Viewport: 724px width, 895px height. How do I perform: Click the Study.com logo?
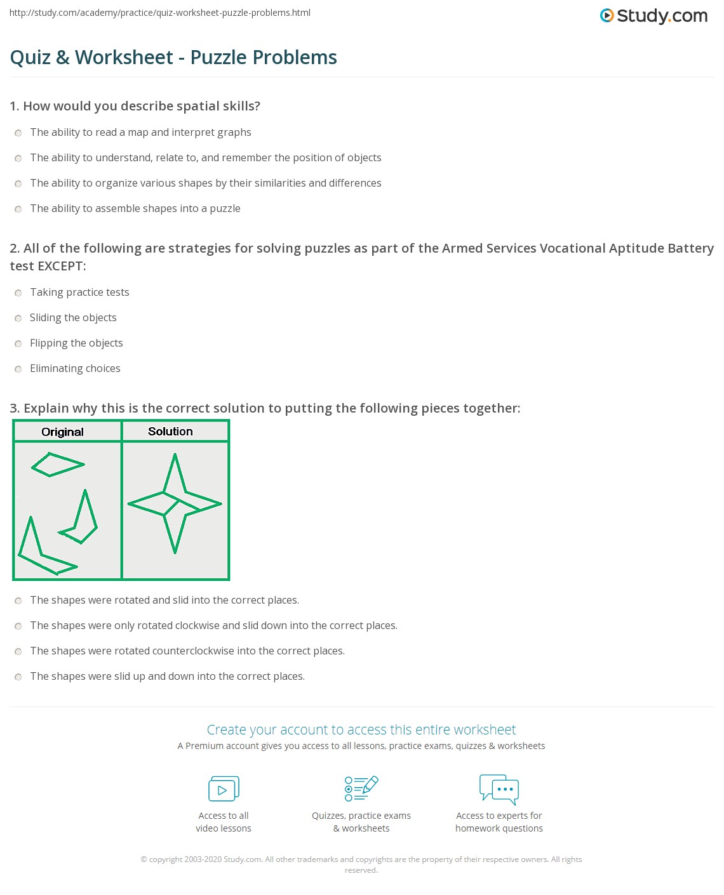click(x=654, y=15)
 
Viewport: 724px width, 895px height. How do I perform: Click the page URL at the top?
click(x=160, y=13)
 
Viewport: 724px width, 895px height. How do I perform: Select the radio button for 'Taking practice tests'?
click(x=18, y=293)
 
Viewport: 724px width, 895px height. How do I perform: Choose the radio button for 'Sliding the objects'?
click(x=18, y=318)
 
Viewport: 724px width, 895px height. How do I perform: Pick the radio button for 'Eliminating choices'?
click(x=18, y=369)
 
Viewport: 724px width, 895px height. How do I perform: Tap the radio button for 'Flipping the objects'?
click(x=18, y=343)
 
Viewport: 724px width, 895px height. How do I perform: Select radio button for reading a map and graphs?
click(x=18, y=133)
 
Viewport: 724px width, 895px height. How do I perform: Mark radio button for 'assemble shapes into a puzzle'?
click(x=18, y=209)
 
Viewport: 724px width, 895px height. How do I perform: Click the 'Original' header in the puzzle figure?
click(x=62, y=432)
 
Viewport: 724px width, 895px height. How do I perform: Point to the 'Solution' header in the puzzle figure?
click(x=170, y=432)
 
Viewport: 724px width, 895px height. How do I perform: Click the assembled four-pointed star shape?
click(x=175, y=504)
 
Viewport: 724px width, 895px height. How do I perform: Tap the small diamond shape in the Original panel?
click(x=57, y=465)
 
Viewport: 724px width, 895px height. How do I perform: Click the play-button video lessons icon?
click(x=224, y=789)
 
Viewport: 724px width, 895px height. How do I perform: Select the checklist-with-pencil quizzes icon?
click(x=361, y=788)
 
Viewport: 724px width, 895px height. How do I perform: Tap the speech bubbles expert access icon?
click(x=499, y=789)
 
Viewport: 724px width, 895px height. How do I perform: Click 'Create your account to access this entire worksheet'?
click(x=361, y=730)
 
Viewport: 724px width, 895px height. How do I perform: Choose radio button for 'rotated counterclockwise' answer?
click(x=18, y=651)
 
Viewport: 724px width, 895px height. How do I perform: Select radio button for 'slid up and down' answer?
click(x=18, y=677)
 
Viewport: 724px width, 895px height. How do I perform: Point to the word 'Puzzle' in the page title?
click(x=219, y=57)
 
